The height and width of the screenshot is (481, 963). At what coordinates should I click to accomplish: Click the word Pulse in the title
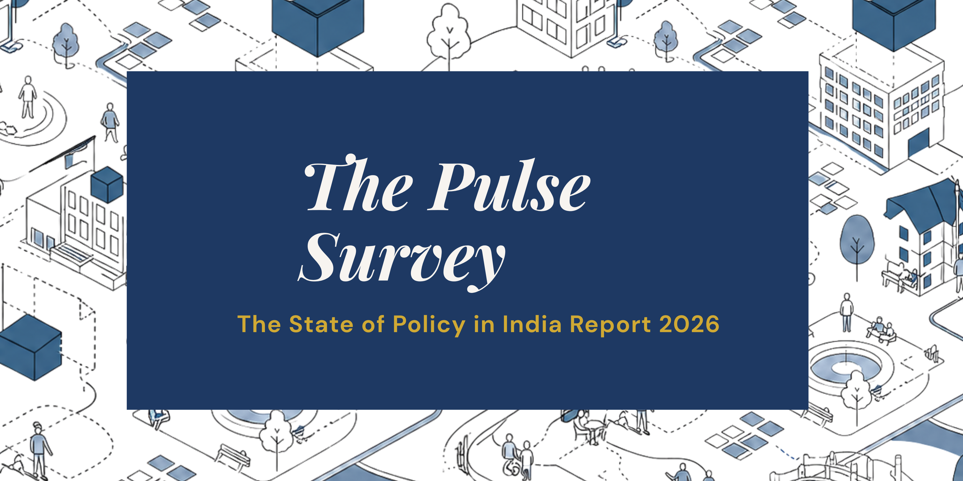[x=509, y=186]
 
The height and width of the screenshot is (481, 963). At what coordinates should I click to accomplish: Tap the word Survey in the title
[x=402, y=261]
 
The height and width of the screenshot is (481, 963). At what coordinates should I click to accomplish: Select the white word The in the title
[x=359, y=183]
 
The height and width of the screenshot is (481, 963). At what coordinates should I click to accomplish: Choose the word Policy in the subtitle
[x=429, y=325]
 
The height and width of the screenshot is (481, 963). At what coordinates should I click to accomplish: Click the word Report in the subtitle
[x=610, y=325]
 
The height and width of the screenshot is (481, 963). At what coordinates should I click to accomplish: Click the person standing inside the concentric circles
[x=28, y=97]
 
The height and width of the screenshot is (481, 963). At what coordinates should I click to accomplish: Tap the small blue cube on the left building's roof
[x=107, y=185]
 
